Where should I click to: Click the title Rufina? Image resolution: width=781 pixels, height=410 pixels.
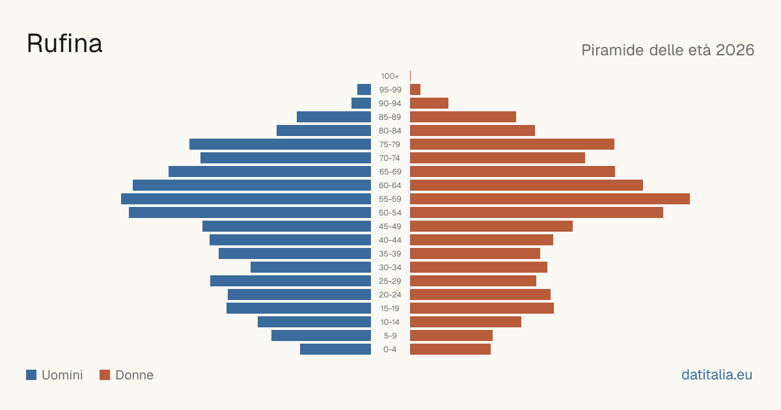click(x=64, y=44)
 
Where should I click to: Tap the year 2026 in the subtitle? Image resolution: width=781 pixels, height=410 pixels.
click(x=735, y=50)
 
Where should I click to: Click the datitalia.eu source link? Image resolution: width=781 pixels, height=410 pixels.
click(x=717, y=375)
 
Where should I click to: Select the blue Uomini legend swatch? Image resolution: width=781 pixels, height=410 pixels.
click(x=31, y=375)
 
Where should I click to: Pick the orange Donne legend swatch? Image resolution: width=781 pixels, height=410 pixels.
click(x=105, y=375)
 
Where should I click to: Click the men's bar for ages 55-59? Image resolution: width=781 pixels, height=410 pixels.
click(x=246, y=198)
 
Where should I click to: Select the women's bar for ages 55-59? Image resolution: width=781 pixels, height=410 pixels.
click(x=550, y=198)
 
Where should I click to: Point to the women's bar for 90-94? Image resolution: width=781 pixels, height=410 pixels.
click(x=429, y=103)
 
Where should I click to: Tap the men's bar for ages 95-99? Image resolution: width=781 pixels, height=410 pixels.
click(x=364, y=90)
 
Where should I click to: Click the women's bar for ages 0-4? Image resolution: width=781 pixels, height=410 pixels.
click(x=450, y=349)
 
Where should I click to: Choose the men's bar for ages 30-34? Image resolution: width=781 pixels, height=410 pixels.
click(x=310, y=267)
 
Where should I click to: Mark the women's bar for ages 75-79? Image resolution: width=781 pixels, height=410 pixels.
click(x=512, y=144)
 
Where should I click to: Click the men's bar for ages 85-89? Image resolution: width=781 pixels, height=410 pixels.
click(x=334, y=116)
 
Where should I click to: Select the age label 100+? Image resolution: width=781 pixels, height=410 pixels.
click(x=390, y=76)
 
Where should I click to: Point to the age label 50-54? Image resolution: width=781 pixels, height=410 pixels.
click(x=390, y=213)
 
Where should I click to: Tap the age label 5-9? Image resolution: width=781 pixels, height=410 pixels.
click(x=390, y=336)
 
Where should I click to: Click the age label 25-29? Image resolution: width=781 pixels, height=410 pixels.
click(x=390, y=281)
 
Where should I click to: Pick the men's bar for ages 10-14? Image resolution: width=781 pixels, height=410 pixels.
click(x=314, y=321)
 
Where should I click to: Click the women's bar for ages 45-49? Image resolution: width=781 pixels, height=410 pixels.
click(x=491, y=226)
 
